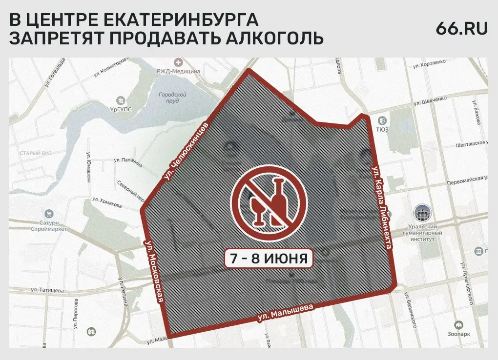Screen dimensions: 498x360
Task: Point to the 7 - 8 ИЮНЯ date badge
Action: [269, 259]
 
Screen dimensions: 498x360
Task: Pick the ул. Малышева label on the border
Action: [284, 314]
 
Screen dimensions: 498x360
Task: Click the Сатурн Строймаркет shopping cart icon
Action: [49, 214]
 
